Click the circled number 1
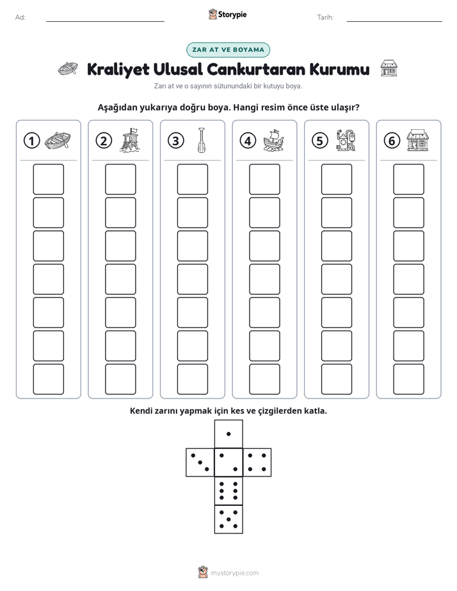(x=31, y=141)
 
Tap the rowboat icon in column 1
(x=58, y=141)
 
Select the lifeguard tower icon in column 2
(x=129, y=140)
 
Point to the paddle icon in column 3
(x=202, y=140)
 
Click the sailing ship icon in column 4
(x=273, y=140)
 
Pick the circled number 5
(x=320, y=141)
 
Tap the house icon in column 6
(x=417, y=140)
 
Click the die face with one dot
(x=228, y=434)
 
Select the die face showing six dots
(x=228, y=491)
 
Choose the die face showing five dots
(x=228, y=519)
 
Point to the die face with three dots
(x=200, y=462)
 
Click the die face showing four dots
(x=257, y=462)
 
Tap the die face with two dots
(x=228, y=462)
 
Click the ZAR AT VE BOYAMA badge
(x=228, y=50)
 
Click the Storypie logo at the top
(x=227, y=14)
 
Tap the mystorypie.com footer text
(x=234, y=573)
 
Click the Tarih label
(x=325, y=17)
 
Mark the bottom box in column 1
(x=48, y=379)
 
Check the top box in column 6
(x=408, y=179)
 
